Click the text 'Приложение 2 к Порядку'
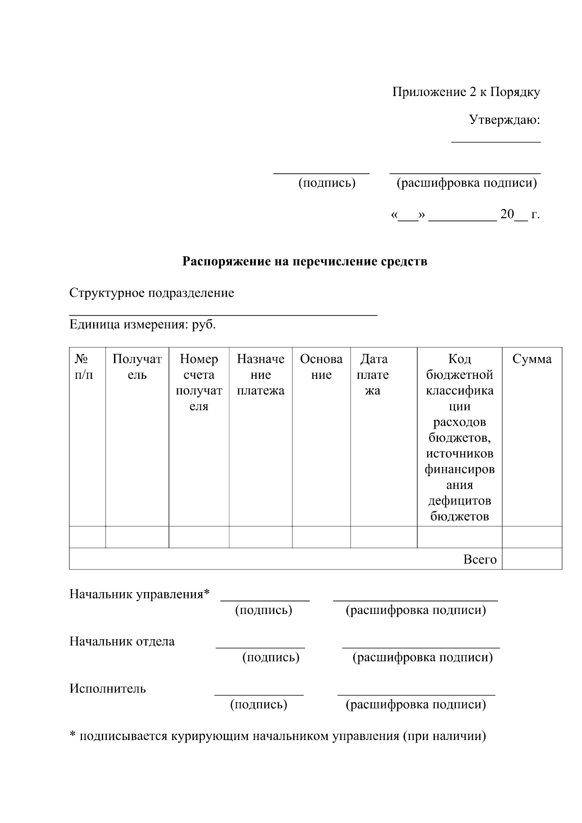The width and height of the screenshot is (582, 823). point(466,92)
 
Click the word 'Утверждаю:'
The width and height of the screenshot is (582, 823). point(504,120)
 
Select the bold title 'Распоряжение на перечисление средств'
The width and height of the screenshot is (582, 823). point(305,262)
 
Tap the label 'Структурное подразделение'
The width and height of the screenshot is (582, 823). point(151,293)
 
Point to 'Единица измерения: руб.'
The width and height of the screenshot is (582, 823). point(143,324)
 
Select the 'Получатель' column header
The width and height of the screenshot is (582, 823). point(137,367)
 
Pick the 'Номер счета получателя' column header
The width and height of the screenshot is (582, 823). point(199,382)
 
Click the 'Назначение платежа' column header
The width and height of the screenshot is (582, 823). point(260,374)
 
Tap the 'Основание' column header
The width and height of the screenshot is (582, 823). point(321,367)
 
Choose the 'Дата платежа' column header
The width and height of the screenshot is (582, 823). point(373,374)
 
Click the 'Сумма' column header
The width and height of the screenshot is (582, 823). point(532,359)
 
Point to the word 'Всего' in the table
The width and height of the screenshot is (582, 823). point(480,559)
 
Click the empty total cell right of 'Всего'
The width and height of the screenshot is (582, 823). point(532,559)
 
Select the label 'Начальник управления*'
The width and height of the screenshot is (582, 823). point(140,594)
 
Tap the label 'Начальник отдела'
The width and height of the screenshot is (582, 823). point(122,641)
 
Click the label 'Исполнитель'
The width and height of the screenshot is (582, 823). point(107,689)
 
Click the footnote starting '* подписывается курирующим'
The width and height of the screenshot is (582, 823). point(277,736)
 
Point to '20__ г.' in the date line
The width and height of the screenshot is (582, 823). point(519,214)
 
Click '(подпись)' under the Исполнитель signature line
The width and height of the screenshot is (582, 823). point(259,704)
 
